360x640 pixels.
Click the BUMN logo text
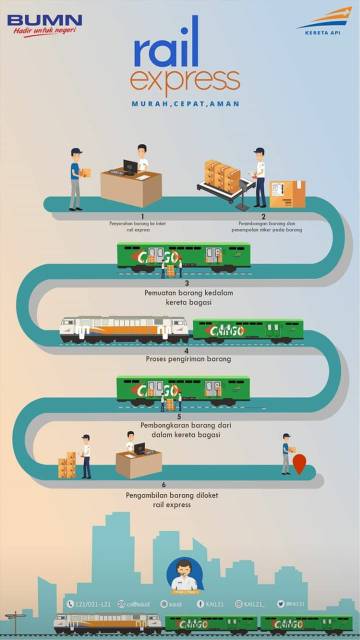point(43,18)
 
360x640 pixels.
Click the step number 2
point(263,215)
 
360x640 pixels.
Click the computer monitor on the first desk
point(129,166)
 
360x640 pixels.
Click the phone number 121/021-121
point(93,604)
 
